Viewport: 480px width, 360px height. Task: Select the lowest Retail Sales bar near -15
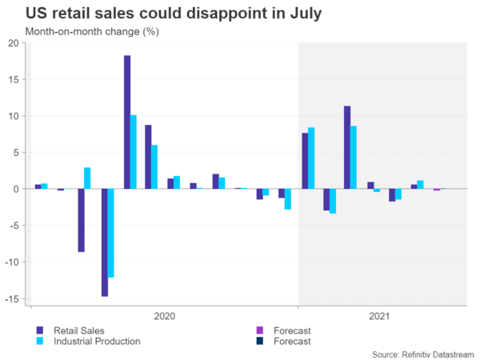tap(105, 242)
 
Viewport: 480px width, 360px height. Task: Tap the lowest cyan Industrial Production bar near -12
tap(112, 233)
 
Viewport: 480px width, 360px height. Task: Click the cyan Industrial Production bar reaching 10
tap(134, 152)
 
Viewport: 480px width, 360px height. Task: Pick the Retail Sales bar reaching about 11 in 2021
tap(347, 147)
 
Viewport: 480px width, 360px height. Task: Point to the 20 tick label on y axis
tap(14, 43)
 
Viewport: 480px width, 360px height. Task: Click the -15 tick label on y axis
tap(13, 298)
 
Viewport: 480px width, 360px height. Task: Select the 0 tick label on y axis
tap(17, 189)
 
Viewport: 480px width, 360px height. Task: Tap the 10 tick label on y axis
tap(14, 116)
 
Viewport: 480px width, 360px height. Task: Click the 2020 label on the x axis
tap(163, 316)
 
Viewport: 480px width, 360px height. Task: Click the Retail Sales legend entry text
tap(78, 330)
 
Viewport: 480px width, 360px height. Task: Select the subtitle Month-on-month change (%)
tap(82, 32)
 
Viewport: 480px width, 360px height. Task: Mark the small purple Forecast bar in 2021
tap(436, 190)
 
